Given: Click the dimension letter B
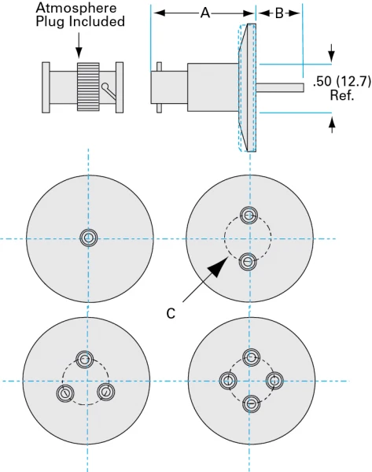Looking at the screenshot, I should click(x=279, y=13).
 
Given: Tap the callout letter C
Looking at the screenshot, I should click(x=171, y=312).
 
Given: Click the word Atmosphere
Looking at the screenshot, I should click(x=76, y=8).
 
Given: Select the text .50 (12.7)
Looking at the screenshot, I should click(x=341, y=80).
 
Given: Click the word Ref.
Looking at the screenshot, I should click(x=341, y=94).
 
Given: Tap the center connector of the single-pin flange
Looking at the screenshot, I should click(x=88, y=238).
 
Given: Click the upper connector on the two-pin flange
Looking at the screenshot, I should click(x=249, y=216).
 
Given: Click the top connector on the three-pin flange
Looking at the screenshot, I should click(x=84, y=360).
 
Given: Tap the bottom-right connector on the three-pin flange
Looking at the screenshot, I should click(x=105, y=391).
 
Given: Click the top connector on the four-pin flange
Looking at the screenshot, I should click(x=251, y=358).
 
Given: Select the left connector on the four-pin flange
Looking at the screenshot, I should click(x=228, y=381).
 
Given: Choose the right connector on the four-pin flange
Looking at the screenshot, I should click(x=274, y=381).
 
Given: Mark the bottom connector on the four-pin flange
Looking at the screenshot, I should click(x=251, y=404).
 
